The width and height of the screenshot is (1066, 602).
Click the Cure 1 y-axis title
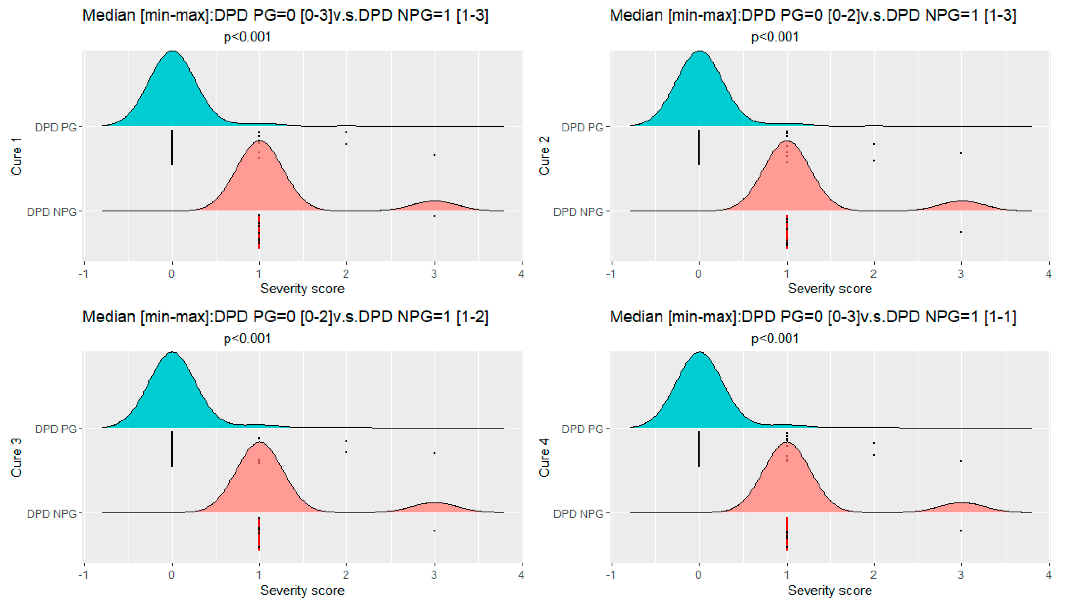pyautogui.click(x=17, y=157)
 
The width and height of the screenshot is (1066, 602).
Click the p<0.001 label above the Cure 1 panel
pyautogui.click(x=247, y=37)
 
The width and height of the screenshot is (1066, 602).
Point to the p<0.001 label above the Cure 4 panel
pyautogui.click(x=774, y=339)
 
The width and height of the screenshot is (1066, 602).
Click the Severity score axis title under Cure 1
pyautogui.click(x=302, y=289)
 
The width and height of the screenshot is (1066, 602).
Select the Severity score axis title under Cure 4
pyautogui.click(x=829, y=590)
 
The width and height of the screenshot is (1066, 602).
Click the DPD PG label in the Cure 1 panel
pyautogui.click(x=56, y=128)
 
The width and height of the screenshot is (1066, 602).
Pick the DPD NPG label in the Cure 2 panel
pyautogui.click(x=578, y=212)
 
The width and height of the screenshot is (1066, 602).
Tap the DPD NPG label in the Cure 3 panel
pyautogui.click(x=51, y=514)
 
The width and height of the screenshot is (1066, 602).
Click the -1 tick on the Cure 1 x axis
pyautogui.click(x=84, y=274)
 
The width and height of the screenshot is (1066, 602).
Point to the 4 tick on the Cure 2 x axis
pyautogui.click(x=1048, y=274)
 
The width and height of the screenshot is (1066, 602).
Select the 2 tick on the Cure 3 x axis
pyautogui.click(x=346, y=575)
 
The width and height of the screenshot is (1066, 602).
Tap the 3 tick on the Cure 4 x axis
pyautogui.click(x=961, y=575)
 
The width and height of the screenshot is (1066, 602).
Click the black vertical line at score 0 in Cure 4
pyautogui.click(x=699, y=449)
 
